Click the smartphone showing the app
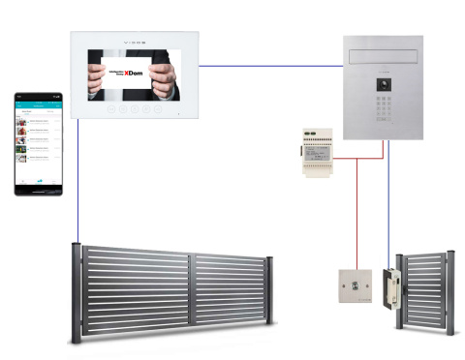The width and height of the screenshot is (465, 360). pyautogui.click(x=37, y=143)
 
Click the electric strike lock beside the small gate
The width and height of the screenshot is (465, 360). pyautogui.click(x=392, y=287)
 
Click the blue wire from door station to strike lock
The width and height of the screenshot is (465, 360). pyautogui.click(x=389, y=203)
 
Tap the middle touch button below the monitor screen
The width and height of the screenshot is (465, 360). pyautogui.click(x=136, y=109)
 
